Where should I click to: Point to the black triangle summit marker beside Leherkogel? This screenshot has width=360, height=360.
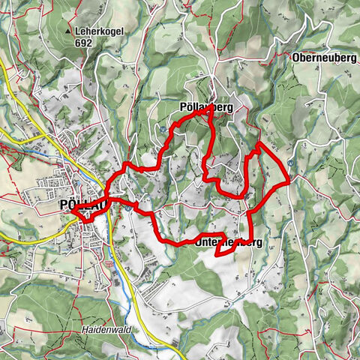pyautogui.click(x=69, y=33)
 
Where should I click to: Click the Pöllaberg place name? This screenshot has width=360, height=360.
pyautogui.click(x=206, y=107)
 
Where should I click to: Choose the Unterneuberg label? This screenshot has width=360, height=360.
pyautogui.click(x=228, y=243)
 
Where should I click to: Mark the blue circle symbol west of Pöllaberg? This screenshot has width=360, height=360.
pyautogui.click(x=163, y=129)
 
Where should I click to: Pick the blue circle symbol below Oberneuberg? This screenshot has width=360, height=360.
pyautogui.click(x=289, y=160)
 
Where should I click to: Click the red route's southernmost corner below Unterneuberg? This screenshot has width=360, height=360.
pyautogui.click(x=217, y=255)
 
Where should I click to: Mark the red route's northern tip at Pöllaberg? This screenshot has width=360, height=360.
pyautogui.click(x=211, y=107)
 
